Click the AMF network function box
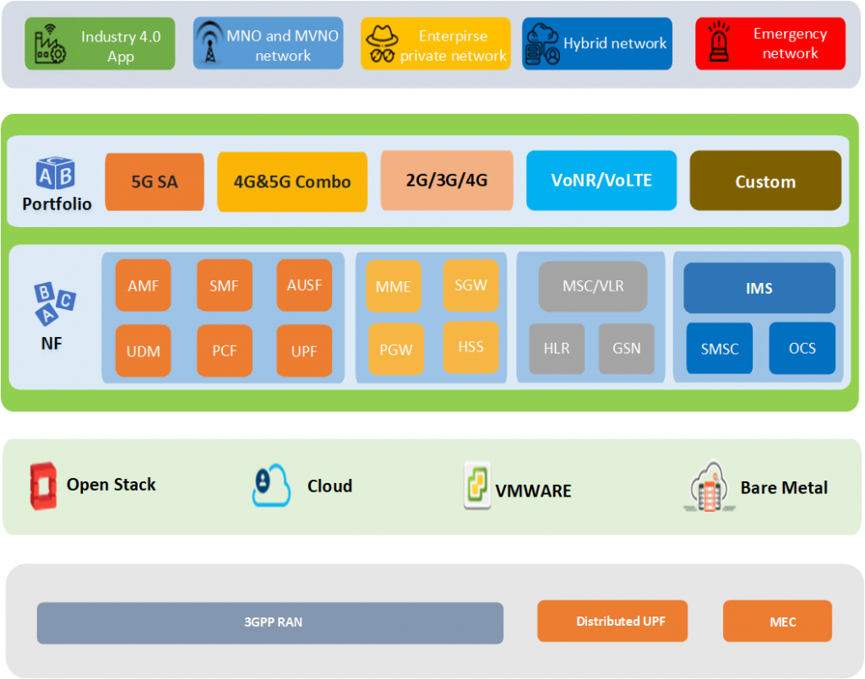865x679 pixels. click(x=143, y=285)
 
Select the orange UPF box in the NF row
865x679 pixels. click(x=304, y=350)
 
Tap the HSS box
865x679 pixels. click(x=471, y=347)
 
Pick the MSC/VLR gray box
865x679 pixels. click(x=593, y=286)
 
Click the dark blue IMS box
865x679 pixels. click(x=759, y=288)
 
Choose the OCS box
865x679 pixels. click(x=802, y=349)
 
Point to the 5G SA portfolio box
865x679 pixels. click(x=155, y=182)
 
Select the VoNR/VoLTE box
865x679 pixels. click(x=601, y=181)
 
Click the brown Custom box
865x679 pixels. click(x=765, y=181)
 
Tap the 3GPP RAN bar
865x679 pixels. click(x=269, y=622)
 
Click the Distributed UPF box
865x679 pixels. click(x=612, y=621)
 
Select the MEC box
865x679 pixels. click(x=777, y=621)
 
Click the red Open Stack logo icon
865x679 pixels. click(x=43, y=486)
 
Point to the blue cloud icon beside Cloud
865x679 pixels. click(x=271, y=486)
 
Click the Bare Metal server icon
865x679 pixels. click(x=710, y=486)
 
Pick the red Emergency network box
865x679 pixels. click(x=770, y=44)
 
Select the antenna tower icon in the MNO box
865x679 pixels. click(x=209, y=42)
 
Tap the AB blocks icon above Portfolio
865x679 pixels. click(x=55, y=173)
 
